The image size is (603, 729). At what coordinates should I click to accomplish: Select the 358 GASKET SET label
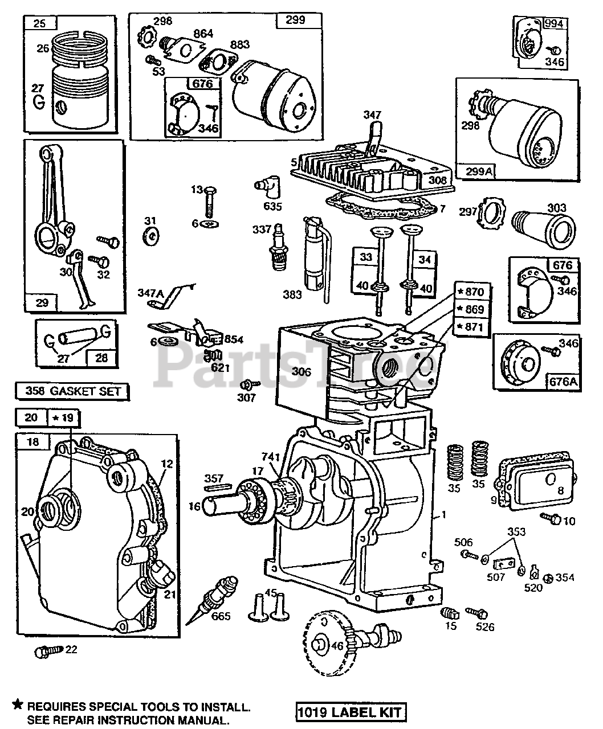(x=72, y=391)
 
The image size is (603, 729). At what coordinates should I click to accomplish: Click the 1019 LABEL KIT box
(x=351, y=711)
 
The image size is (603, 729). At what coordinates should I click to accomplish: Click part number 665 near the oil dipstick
(x=221, y=616)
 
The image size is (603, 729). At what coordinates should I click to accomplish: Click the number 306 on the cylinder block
(x=301, y=372)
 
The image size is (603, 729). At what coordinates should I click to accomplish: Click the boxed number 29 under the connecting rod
(x=42, y=302)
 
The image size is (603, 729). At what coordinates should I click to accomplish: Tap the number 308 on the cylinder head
(x=438, y=179)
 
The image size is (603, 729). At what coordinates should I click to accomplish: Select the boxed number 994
(x=553, y=23)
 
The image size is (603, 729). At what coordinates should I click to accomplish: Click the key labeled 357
(x=217, y=486)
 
